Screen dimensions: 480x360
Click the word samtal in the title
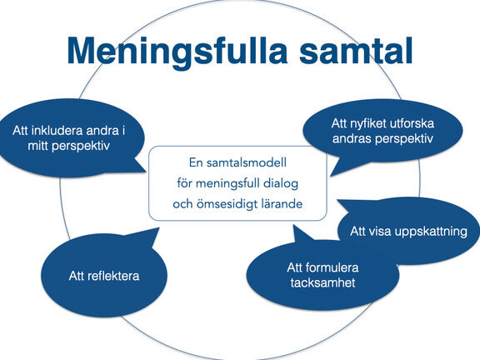(356, 51)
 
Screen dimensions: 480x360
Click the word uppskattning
(431, 232)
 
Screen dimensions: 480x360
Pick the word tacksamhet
(322, 282)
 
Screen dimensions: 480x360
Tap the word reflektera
(113, 276)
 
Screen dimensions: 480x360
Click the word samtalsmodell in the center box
(247, 162)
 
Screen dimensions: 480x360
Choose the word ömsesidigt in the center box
(227, 204)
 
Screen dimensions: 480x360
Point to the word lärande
(282, 204)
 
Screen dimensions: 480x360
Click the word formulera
(332, 267)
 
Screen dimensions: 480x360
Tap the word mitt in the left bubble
(38, 146)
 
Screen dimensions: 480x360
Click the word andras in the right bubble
(352, 138)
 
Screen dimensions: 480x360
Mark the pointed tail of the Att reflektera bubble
(159, 228)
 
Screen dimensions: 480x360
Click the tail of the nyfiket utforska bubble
(331, 176)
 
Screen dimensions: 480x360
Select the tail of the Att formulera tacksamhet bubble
(294, 226)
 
